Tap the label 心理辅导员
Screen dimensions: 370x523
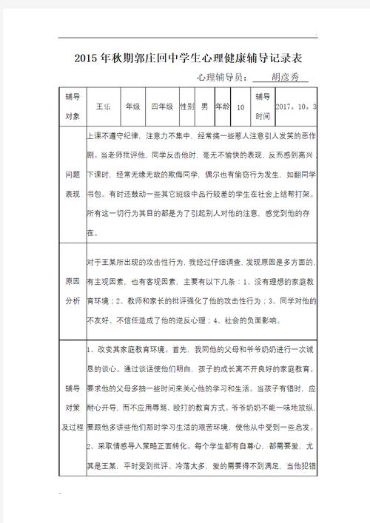[220, 77]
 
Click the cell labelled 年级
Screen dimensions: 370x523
[132, 107]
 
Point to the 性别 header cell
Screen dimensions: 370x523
[187, 107]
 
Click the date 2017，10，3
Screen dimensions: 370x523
[295, 107]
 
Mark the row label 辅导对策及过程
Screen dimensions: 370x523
[73, 406]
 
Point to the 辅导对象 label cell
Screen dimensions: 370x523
[73, 107]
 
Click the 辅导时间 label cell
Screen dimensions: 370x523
[263, 107]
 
